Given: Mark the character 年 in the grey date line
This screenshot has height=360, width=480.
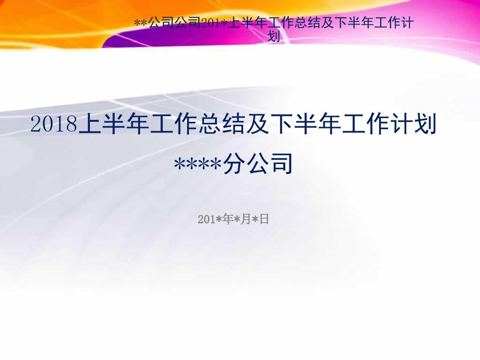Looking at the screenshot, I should click(x=228, y=219).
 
